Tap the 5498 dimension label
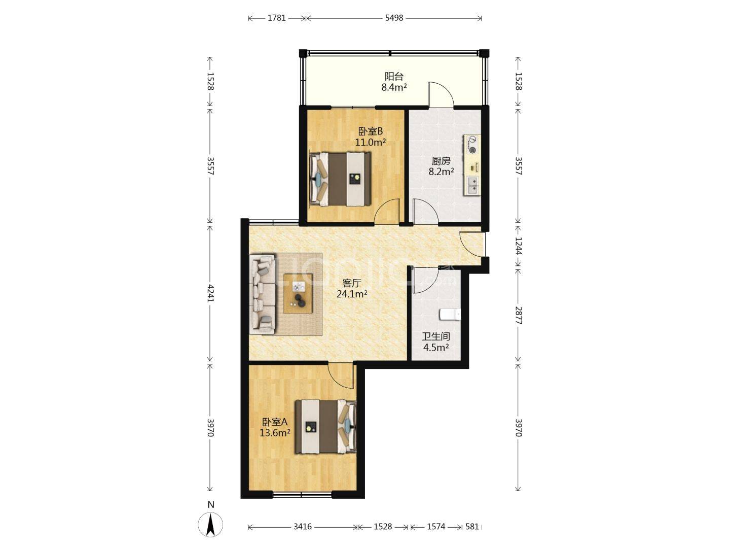tap(394, 18)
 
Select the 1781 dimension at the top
tap(277, 18)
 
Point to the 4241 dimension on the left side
tap(210, 293)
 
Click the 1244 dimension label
tap(518, 246)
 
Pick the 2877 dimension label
tap(518, 315)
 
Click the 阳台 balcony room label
tap(394, 77)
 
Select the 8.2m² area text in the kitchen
tap(441, 172)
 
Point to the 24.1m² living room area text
tap(352, 294)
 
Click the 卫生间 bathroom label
tap(436, 336)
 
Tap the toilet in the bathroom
tap(450, 314)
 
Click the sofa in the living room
tap(263, 294)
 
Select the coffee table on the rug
tap(298, 293)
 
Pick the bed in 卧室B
tap(340, 179)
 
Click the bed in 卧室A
tap(325, 427)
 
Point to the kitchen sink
tap(472, 185)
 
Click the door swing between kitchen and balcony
tap(441, 95)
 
